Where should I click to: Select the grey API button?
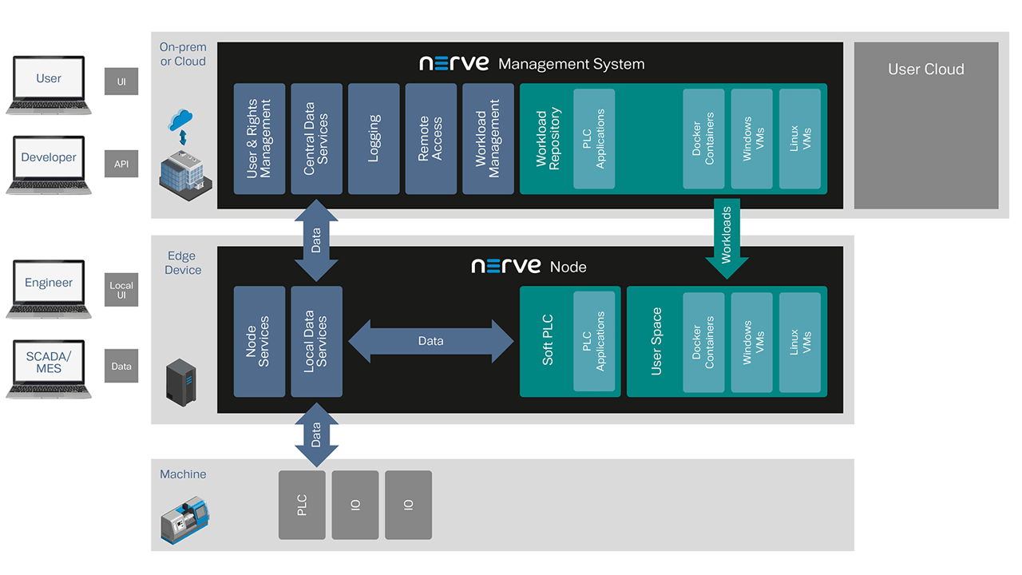[x=121, y=164]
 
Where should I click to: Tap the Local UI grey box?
[x=121, y=290]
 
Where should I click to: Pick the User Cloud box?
[x=926, y=125]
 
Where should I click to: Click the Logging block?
[x=374, y=139]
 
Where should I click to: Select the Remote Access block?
[x=431, y=139]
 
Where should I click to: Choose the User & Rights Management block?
[x=259, y=139]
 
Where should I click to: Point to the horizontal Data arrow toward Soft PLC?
[x=431, y=341]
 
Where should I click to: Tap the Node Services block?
[x=259, y=341]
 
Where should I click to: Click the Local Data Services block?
[x=316, y=341]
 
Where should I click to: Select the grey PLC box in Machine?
[x=302, y=505]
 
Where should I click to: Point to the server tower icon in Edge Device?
[x=180, y=381]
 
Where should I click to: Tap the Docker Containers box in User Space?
[x=703, y=342]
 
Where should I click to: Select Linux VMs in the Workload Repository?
[x=800, y=139]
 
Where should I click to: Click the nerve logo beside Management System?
[x=454, y=64]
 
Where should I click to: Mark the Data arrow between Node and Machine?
[x=316, y=434]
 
